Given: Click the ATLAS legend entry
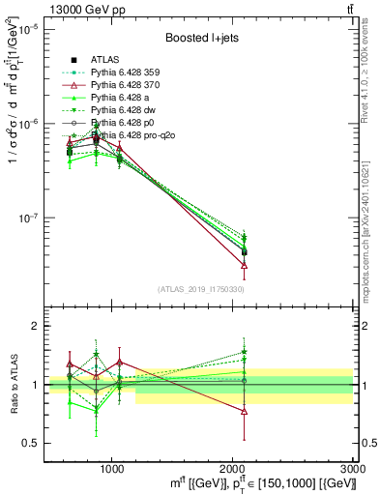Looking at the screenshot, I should click(104, 59).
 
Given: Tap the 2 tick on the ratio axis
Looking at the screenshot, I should click(35, 327).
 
